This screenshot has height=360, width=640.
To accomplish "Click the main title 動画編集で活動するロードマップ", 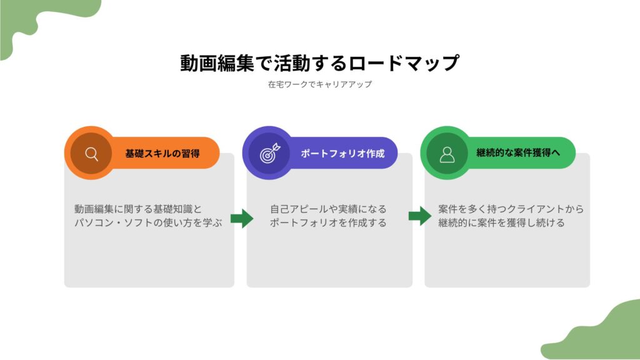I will (x=319, y=64).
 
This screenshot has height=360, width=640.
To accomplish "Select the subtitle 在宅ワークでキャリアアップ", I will (x=319, y=84).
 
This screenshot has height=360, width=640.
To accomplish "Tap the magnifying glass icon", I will (x=92, y=153).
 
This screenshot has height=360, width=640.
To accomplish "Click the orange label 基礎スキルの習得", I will (x=162, y=153).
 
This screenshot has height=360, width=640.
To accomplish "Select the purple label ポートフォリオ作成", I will (x=342, y=153).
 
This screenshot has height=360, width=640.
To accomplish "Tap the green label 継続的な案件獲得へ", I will (x=518, y=153).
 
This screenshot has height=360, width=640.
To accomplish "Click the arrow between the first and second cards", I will (x=241, y=218).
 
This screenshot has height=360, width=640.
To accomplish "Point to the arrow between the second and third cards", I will (x=419, y=217).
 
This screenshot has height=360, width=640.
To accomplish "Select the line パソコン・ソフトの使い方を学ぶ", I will (x=148, y=222).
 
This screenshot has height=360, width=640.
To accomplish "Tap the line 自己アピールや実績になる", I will (x=328, y=209).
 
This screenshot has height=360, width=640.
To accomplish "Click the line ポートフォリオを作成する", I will (x=328, y=222).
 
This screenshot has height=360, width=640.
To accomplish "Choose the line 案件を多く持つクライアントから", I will (x=511, y=209).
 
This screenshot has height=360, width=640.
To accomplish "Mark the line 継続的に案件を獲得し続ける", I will (x=501, y=222).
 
